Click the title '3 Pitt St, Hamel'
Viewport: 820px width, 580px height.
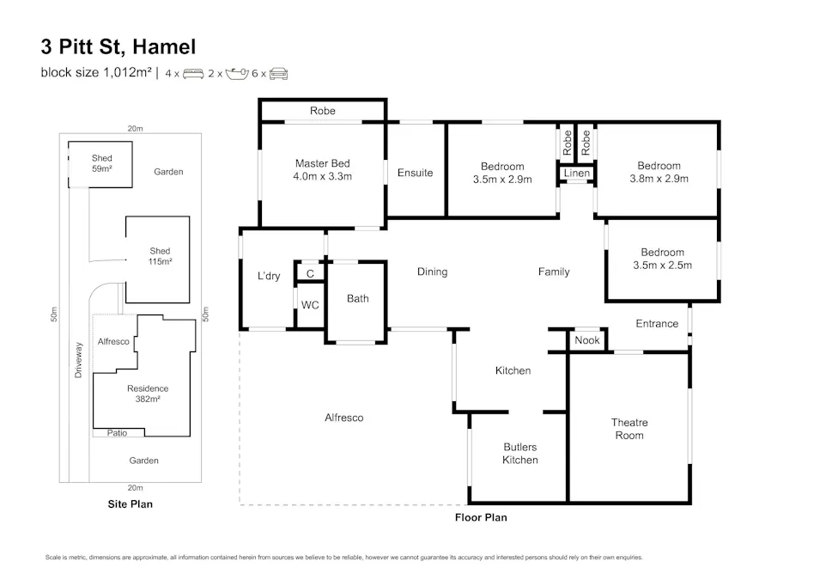tap(118, 46)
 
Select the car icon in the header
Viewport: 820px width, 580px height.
tap(278, 74)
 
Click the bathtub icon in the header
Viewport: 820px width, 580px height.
tap(236, 74)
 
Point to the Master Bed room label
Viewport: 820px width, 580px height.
tap(322, 169)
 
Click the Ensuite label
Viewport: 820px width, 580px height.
tap(415, 173)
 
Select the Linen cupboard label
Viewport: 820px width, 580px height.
tap(576, 174)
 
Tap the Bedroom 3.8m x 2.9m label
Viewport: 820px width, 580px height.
tap(659, 172)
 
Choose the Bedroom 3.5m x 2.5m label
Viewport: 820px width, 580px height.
tap(662, 259)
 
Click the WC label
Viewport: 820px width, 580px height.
tap(310, 305)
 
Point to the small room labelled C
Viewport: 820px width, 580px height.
tap(310, 274)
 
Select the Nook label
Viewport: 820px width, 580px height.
tap(587, 341)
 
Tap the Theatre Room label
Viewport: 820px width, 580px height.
tap(629, 429)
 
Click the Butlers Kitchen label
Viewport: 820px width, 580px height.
tap(519, 454)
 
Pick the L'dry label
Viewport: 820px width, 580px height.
tap(269, 277)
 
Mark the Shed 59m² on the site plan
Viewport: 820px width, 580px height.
tap(101, 163)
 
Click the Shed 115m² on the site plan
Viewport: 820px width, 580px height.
tap(160, 256)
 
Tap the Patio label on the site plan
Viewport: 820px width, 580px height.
tap(117, 433)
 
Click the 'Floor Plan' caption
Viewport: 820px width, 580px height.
tap(481, 517)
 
